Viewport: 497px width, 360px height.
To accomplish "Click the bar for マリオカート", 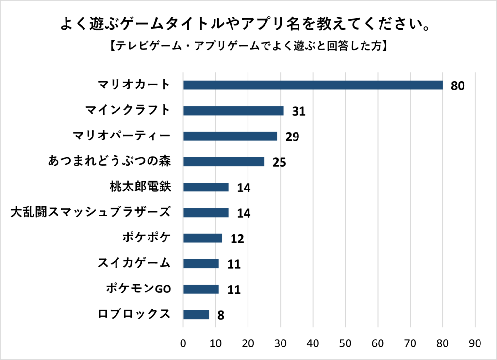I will click(x=313, y=86).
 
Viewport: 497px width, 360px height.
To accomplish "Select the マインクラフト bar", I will click(x=233, y=111).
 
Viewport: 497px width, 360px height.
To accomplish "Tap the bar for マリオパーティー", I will click(x=230, y=136).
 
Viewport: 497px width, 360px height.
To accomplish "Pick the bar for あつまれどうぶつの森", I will click(x=224, y=162).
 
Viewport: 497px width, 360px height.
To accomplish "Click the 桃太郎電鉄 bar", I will click(x=206, y=187).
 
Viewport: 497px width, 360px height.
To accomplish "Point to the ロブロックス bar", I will click(x=196, y=314).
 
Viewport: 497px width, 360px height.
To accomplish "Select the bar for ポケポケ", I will click(x=202, y=238).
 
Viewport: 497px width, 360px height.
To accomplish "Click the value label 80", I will click(x=458, y=86).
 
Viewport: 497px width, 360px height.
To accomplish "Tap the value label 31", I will click(x=298, y=112).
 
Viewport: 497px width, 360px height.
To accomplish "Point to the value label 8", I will click(x=221, y=315).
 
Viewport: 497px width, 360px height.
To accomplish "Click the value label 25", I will click(x=279, y=162).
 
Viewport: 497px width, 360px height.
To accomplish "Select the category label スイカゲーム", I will click(x=134, y=263).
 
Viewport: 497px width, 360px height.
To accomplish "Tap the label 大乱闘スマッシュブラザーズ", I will click(x=91, y=212).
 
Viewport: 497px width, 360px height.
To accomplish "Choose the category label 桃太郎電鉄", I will click(x=141, y=187).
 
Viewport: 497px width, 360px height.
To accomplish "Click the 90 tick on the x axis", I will click(x=475, y=343).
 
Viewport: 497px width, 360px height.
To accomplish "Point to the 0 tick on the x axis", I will click(x=183, y=343).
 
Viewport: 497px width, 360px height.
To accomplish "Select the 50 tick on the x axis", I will click(x=345, y=343).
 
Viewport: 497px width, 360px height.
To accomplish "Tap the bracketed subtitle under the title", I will click(x=248, y=46).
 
